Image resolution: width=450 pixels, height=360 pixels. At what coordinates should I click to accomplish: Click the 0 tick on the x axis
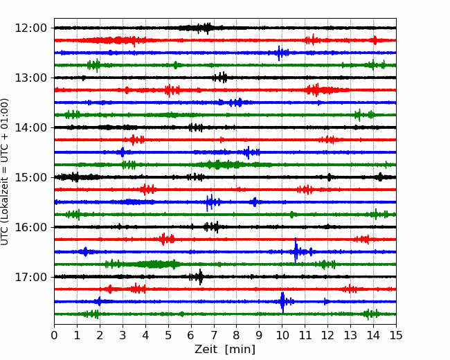pos(55,336)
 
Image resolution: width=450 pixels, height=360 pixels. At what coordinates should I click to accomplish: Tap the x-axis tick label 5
pos(168,336)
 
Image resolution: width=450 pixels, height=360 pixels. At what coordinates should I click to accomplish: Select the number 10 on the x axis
pos(282,336)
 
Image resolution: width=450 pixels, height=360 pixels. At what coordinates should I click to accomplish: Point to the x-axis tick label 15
pos(395,336)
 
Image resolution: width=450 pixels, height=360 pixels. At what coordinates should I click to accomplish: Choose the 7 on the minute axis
pos(214,336)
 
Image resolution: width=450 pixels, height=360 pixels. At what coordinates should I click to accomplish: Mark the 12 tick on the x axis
pos(327,336)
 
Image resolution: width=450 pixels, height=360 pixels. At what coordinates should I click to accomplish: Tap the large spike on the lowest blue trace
pos(282,301)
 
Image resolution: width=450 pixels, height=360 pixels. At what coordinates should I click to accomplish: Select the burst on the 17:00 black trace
pos(200,277)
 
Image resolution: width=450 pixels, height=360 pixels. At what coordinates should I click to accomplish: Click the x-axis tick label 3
pos(123,336)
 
